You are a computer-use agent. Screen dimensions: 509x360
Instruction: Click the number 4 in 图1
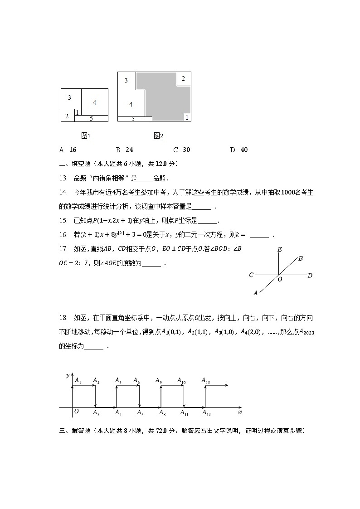(94, 102)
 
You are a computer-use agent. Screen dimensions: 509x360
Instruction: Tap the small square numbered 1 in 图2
(187, 117)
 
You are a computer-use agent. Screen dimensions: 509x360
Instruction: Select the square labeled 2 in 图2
(183, 78)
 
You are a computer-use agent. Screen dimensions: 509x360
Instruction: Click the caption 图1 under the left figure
(86, 136)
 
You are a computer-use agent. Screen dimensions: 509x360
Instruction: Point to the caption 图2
(158, 136)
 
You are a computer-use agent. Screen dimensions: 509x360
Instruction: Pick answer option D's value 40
(244, 150)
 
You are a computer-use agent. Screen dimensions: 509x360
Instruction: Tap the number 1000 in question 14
(289, 192)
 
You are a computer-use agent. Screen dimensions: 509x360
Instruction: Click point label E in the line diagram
(280, 249)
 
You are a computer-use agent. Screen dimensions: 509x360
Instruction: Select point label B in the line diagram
(300, 258)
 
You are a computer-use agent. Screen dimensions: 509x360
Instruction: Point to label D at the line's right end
(310, 275)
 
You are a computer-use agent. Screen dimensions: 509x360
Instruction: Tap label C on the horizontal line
(251, 275)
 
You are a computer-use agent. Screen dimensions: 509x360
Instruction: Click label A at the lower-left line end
(256, 293)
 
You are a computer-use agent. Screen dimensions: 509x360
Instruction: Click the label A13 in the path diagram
(205, 381)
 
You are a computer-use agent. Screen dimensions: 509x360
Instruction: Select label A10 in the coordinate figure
(181, 381)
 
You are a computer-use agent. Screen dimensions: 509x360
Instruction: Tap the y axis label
(68, 375)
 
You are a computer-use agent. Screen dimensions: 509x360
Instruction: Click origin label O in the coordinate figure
(76, 412)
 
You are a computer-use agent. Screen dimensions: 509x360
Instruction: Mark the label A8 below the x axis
(161, 412)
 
